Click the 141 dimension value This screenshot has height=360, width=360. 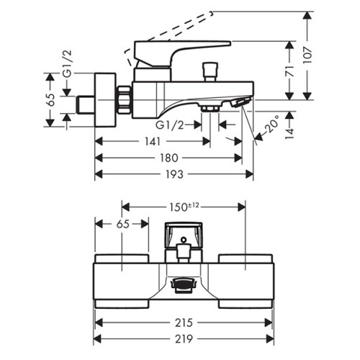coord(153,142)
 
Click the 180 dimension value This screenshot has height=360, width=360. coord(168,158)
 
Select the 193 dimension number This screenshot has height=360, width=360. coord(174,174)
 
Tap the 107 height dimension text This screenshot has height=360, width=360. coord(307,55)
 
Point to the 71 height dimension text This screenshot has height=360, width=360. coord(290,71)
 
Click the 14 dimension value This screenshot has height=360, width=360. coord(290,133)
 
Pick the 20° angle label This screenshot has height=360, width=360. coord(272,124)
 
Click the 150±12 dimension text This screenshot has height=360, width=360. coord(184,207)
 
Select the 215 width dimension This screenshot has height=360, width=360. coord(184,323)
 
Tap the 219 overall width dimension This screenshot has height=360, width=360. coord(184,339)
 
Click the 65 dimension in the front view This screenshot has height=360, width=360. coord(123,224)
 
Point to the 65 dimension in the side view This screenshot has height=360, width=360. coord(51,99)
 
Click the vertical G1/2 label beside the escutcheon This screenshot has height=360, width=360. coord(68,64)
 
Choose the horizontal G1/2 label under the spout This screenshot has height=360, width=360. coord(170,125)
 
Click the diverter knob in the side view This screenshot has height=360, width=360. coord(210,72)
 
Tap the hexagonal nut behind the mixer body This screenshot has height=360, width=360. coord(125,100)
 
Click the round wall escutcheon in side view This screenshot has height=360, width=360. coord(106,100)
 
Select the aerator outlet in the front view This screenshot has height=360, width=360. coord(184,285)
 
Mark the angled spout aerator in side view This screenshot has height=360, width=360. coord(240,102)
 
